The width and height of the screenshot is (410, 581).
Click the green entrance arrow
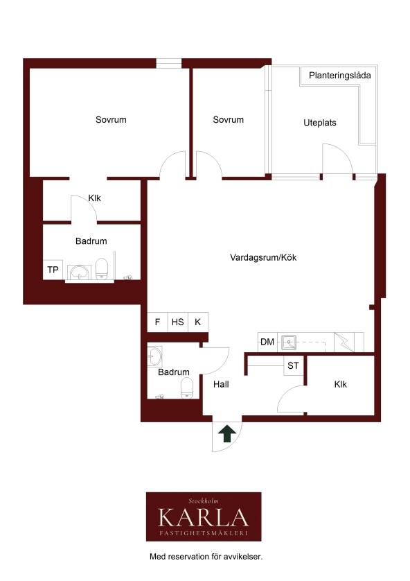point(226,433)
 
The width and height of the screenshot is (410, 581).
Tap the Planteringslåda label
point(339,76)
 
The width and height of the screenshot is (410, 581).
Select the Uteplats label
point(320,123)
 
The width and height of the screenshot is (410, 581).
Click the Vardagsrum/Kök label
point(263,257)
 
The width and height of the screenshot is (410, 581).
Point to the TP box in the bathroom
point(53,270)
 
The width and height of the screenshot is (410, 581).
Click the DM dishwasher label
point(267,342)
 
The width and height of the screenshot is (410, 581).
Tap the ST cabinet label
point(293,365)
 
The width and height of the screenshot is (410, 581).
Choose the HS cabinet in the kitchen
point(177,322)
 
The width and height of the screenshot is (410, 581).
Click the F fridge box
point(157,322)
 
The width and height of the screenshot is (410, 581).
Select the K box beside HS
point(198,322)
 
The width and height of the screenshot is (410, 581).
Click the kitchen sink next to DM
point(289,342)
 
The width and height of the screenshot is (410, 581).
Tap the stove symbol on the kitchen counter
point(344,342)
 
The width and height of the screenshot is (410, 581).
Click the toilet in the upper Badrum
point(101,268)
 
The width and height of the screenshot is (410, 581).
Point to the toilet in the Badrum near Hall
point(187,388)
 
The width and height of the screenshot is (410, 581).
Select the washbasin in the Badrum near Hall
point(154,356)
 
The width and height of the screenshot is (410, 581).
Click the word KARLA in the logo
point(204,518)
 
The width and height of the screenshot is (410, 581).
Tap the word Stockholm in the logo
point(204,501)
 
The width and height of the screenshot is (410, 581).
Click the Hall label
point(221,384)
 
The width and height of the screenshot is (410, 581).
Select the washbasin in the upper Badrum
point(80,272)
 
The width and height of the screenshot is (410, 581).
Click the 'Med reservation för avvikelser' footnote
point(206,556)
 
